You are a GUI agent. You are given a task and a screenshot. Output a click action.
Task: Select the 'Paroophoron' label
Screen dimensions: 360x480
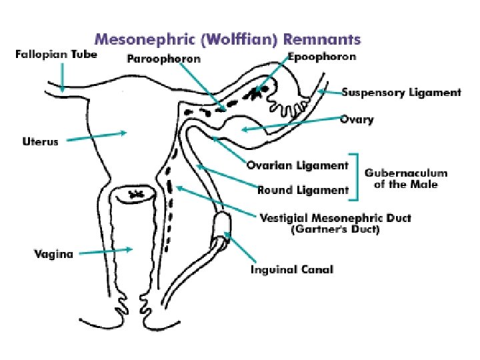click(163, 59)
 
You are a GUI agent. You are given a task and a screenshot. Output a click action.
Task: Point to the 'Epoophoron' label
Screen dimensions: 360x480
click(323, 57)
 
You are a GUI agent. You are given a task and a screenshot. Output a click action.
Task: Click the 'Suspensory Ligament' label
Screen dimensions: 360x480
click(401, 93)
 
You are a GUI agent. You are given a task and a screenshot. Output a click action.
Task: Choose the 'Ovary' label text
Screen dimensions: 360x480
click(357, 120)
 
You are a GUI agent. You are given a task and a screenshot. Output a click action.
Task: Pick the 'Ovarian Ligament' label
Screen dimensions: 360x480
click(297, 165)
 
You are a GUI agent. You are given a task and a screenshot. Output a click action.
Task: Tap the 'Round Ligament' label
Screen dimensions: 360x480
click(303, 190)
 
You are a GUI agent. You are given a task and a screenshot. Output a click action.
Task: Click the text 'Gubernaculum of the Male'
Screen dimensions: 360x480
click(406, 178)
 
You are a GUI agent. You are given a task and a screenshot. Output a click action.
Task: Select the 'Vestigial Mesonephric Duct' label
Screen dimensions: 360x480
click(335, 218)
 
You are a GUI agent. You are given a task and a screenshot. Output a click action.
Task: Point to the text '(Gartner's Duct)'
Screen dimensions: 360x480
click(335, 230)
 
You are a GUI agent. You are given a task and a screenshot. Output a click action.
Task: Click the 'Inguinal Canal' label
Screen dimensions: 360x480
click(291, 269)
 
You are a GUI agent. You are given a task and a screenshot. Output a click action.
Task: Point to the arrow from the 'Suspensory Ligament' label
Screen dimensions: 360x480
click(327, 91)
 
